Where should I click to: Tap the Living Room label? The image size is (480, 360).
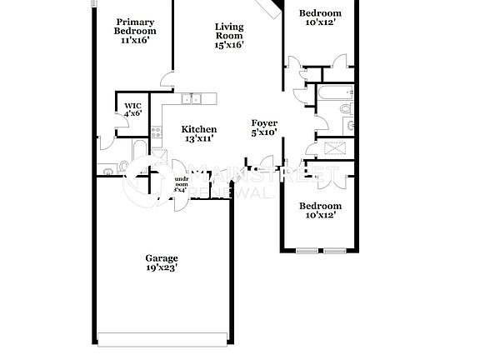click(x=229, y=31)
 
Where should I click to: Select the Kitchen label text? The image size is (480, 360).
click(x=200, y=129)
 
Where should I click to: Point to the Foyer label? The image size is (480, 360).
click(x=264, y=123)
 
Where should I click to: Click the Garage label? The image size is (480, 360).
click(x=161, y=258)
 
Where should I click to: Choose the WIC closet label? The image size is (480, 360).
click(x=132, y=105)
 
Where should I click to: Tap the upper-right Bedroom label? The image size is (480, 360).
click(x=320, y=13)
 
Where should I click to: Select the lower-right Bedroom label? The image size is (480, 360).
click(x=320, y=206)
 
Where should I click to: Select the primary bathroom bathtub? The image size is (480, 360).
click(x=139, y=150)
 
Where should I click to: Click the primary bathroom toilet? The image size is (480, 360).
click(x=106, y=172)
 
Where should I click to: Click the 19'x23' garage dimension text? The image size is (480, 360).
click(x=161, y=267)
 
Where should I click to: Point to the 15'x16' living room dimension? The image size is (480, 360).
click(x=229, y=45)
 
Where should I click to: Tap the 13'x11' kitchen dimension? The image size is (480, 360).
click(x=200, y=139)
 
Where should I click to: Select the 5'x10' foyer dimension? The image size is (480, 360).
click(x=264, y=133)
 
